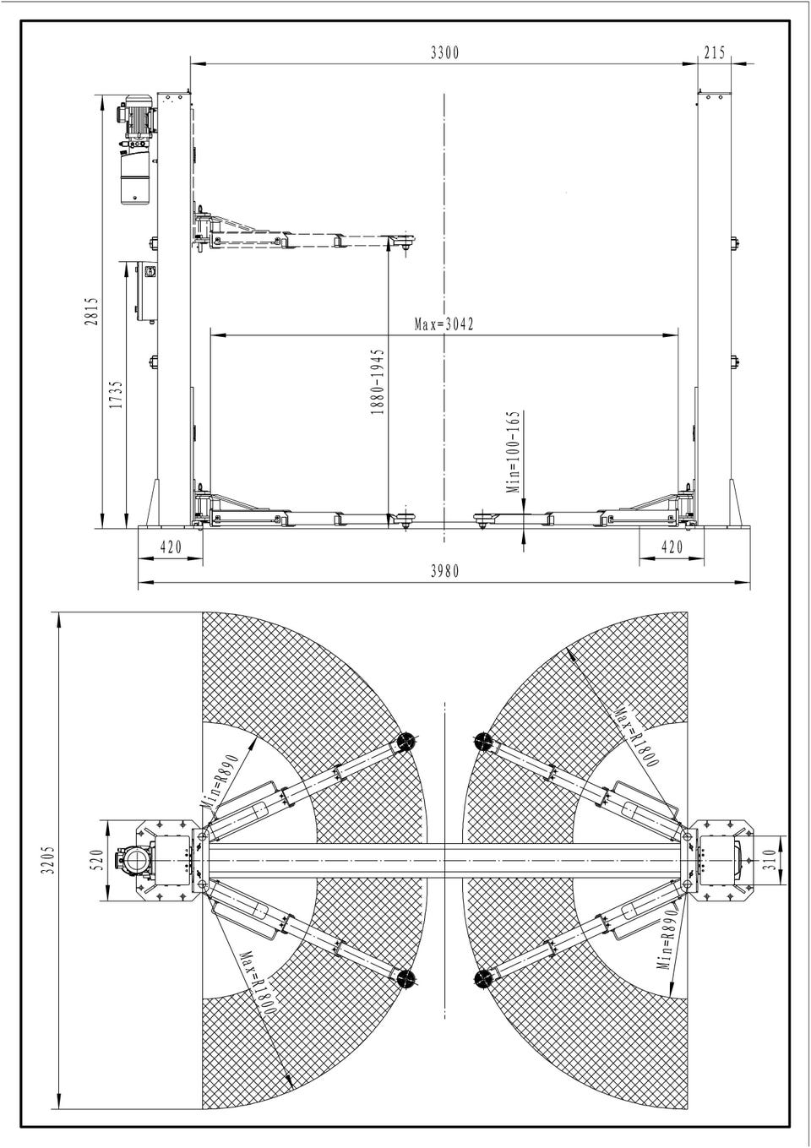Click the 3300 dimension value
(x=444, y=53)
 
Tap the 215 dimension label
(x=715, y=53)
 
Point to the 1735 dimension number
(x=117, y=394)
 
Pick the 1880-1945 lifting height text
(x=378, y=382)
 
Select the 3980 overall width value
(x=444, y=571)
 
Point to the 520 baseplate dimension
(x=99, y=860)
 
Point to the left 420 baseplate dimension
(x=171, y=547)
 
